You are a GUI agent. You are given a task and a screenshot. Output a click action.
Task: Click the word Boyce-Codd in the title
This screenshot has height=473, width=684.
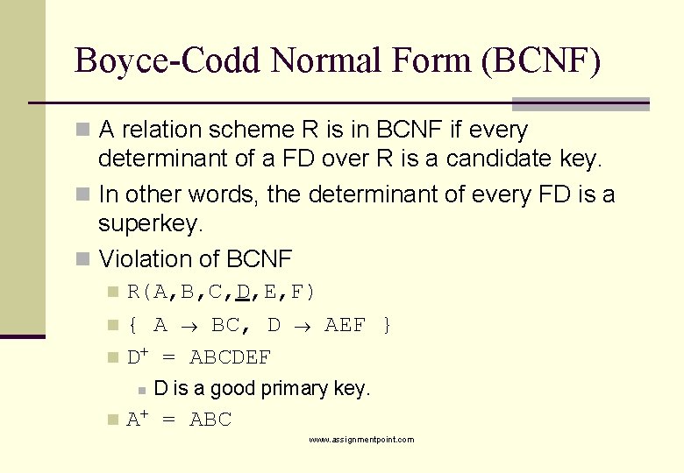(x=168, y=61)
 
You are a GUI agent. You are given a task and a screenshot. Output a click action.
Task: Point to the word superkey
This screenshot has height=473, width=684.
(x=150, y=224)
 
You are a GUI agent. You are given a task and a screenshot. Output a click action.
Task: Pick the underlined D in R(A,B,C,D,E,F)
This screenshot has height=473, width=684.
(x=243, y=292)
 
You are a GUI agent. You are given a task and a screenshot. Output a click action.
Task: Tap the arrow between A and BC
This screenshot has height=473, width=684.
(x=190, y=326)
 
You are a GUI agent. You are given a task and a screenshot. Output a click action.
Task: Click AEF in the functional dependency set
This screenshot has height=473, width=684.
(x=345, y=326)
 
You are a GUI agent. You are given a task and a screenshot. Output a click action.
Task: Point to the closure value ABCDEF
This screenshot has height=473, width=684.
(x=231, y=357)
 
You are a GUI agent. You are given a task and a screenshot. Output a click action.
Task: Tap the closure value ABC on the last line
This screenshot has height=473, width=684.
(x=210, y=420)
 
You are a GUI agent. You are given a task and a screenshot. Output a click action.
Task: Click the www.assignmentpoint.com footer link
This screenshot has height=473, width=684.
(x=361, y=440)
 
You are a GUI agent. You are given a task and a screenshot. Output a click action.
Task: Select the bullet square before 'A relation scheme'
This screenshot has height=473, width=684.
(x=82, y=131)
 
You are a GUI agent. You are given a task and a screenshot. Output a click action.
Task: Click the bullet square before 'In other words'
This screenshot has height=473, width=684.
(x=82, y=194)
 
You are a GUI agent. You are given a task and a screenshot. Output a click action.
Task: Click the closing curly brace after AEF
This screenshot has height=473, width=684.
(x=386, y=326)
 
